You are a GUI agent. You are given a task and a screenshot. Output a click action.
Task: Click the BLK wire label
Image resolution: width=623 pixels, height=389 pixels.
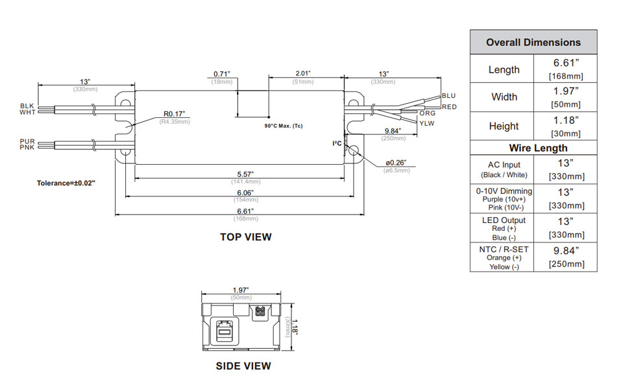click(27, 106)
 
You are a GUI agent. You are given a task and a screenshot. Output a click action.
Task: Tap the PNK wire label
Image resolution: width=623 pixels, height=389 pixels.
click(27, 148)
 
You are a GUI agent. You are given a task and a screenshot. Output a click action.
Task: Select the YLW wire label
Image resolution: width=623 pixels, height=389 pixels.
click(426, 123)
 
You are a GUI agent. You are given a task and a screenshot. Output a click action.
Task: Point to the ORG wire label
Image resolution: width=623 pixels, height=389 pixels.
click(428, 113)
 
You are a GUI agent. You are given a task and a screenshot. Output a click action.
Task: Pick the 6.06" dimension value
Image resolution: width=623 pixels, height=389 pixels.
click(244, 193)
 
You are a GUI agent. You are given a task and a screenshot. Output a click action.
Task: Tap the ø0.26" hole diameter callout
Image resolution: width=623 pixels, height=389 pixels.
click(396, 162)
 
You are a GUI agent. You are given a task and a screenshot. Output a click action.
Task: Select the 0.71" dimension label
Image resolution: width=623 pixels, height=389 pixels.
click(223, 74)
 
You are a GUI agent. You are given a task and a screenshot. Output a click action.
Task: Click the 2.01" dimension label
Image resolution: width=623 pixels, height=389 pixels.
click(302, 74)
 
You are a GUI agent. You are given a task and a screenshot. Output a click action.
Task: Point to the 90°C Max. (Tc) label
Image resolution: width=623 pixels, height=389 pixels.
click(283, 125)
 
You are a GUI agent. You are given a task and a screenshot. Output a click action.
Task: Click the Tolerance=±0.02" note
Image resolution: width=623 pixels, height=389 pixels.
click(66, 183)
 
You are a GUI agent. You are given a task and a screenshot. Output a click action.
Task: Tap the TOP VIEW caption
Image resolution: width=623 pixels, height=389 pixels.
click(245, 237)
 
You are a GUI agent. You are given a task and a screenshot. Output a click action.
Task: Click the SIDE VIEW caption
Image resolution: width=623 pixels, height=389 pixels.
click(243, 366)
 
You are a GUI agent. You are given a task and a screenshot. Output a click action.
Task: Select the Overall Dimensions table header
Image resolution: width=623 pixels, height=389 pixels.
click(533, 42)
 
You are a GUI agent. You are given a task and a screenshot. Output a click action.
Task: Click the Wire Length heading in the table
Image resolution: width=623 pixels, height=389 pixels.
click(533, 148)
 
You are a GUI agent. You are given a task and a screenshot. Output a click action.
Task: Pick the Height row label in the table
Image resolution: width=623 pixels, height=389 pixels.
click(504, 126)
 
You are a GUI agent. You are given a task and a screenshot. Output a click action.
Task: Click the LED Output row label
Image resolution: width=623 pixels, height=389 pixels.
click(504, 220)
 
